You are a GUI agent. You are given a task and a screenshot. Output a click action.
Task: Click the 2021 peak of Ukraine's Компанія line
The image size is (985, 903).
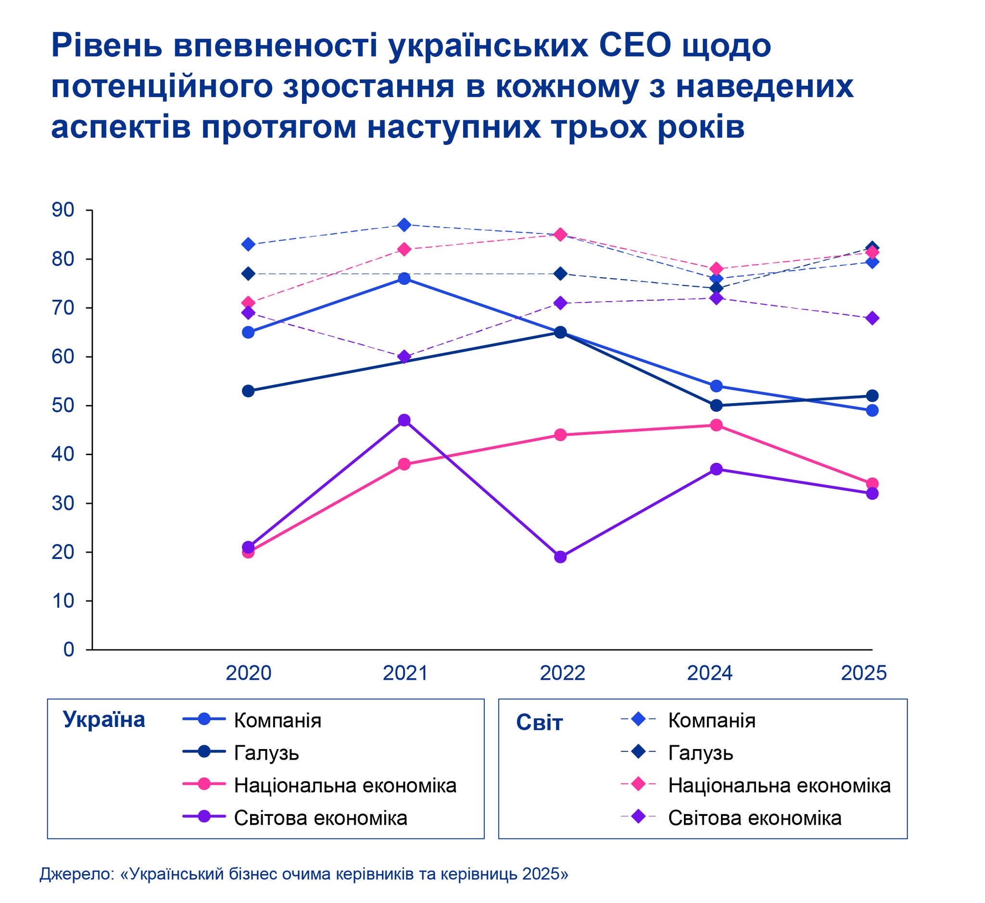[x=404, y=279]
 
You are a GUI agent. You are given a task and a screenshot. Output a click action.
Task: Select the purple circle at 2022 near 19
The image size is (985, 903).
[x=560, y=557]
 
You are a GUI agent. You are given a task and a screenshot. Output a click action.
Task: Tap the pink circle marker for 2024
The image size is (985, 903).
[x=716, y=425]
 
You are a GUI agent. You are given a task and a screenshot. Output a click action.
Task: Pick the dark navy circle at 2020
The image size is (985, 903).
[x=248, y=391]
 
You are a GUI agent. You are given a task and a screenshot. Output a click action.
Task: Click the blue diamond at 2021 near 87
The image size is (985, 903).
[x=404, y=225]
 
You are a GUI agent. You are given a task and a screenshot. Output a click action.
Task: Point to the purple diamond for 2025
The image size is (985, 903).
[x=872, y=318]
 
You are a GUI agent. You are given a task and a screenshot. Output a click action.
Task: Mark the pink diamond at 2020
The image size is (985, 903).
[x=248, y=303]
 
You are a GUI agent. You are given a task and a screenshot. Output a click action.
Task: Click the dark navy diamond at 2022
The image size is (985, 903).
[x=560, y=274]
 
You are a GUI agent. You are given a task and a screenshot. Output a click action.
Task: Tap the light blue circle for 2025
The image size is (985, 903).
[x=872, y=410]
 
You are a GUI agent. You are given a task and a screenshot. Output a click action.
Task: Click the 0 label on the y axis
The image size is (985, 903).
[x=68, y=649]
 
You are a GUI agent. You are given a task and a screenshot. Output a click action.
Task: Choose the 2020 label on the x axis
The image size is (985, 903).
[x=248, y=674]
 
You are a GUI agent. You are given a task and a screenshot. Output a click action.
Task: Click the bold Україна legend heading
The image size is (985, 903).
[x=104, y=720]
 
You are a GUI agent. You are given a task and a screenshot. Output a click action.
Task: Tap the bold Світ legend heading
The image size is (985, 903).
[x=540, y=723]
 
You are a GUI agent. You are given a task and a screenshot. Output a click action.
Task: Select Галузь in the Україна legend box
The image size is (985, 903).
[x=266, y=753]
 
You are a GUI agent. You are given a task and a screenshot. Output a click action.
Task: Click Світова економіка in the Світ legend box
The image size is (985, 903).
[x=755, y=818]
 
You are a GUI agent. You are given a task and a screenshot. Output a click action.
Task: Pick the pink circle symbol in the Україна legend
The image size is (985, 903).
[x=204, y=785]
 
